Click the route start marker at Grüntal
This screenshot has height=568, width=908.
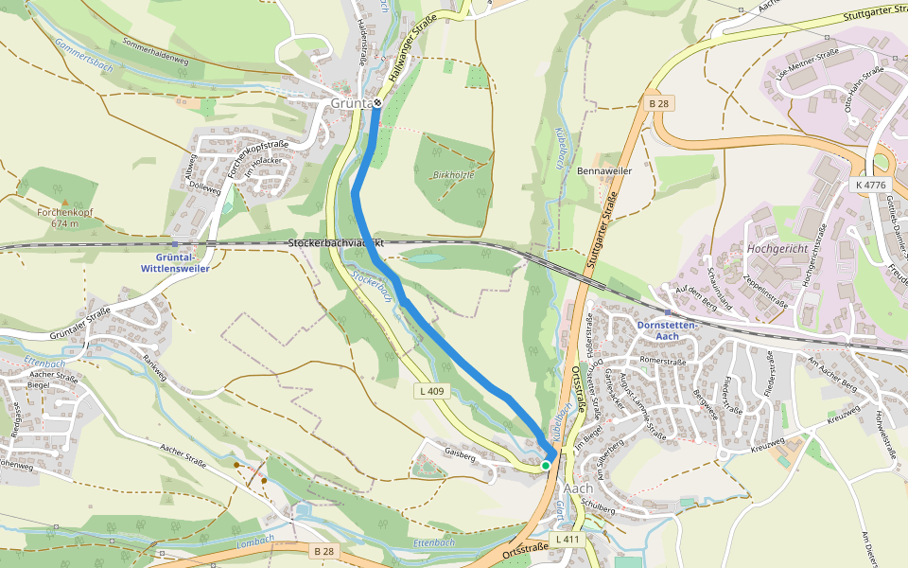[377, 102]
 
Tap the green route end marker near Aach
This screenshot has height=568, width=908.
[546, 465]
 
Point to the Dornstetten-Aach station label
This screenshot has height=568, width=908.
[667, 329]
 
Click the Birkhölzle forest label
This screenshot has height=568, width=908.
[453, 175]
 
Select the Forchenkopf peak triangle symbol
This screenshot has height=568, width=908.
[64, 202]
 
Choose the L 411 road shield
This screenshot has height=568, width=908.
[566, 539]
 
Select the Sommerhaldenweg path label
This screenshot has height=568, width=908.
[156, 51]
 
